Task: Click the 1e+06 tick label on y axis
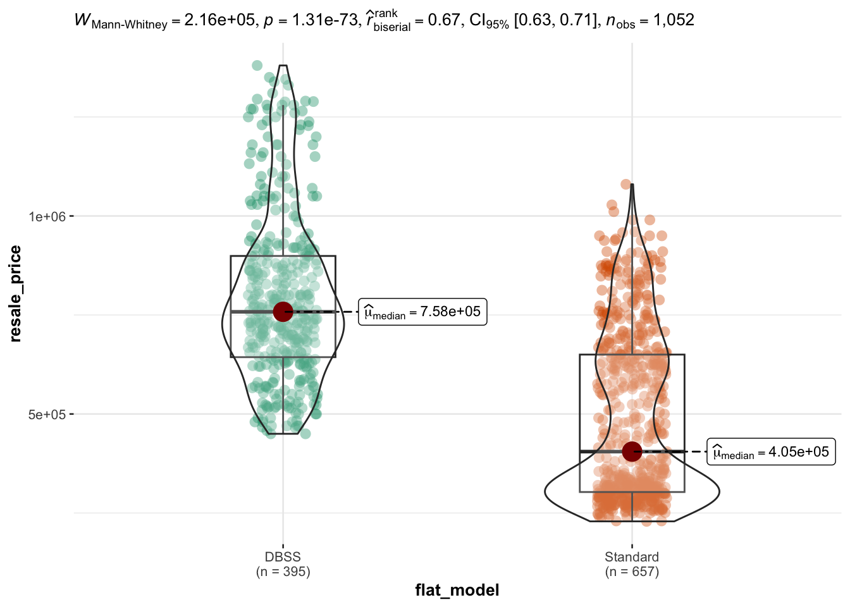47,216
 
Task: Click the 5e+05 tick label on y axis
47,415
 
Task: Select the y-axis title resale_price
16,294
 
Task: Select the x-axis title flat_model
457,591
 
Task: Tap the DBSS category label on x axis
283,557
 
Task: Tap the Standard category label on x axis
632,557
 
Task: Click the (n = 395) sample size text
283,572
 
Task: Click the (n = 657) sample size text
632,572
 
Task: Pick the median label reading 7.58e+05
422,312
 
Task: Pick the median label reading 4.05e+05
771,452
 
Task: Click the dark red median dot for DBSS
283,312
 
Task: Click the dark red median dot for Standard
632,451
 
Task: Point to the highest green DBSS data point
257,65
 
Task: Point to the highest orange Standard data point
626,184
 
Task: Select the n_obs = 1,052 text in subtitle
650,21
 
